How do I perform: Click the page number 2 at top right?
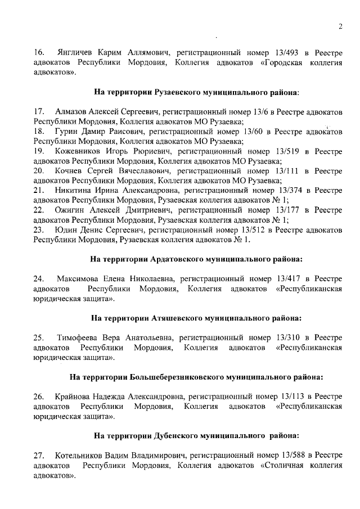pos(340,26)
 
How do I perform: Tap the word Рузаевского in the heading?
pos(176,91)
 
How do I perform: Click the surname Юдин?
pos(65,230)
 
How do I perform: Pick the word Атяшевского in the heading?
pos(177,318)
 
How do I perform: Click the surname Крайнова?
pos(74,397)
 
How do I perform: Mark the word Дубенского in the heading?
pos(175,435)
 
